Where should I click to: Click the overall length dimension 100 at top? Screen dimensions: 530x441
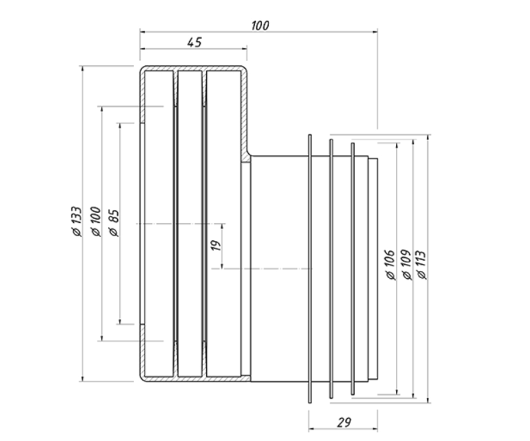coord(260,26)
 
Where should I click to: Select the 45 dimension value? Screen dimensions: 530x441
coord(194,43)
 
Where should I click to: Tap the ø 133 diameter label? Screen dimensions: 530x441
coord(77,222)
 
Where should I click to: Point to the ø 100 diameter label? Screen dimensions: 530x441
coord(96,222)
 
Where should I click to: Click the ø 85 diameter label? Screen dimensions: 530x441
coord(114,223)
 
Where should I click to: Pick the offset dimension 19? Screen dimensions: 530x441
coord(216,245)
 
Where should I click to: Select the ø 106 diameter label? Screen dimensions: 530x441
coord(390,265)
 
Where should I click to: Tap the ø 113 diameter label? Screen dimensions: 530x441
coord(422,265)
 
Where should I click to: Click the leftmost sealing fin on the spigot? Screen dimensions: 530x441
coord(310,269)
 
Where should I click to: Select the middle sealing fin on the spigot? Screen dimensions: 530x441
coord(331,269)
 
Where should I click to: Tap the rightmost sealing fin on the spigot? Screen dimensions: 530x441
coord(353,269)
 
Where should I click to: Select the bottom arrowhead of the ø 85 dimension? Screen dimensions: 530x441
coord(120,321)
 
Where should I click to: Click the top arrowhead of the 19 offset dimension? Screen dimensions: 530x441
coord(222,227)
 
